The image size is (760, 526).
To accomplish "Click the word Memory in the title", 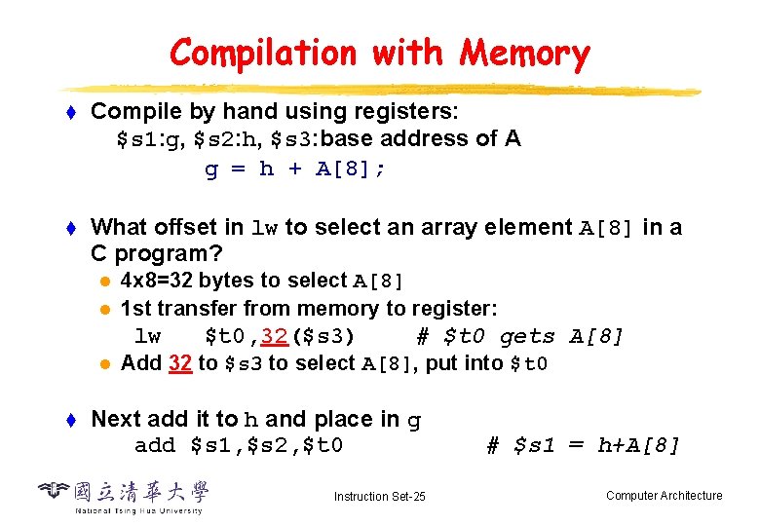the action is coord(525,53).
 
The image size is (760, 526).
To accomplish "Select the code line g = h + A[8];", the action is coord(294,169).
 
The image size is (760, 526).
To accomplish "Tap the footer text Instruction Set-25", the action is coord(379,497).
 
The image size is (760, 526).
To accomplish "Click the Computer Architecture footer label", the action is coord(664,496).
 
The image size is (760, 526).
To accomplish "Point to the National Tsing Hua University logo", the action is coord(123,496).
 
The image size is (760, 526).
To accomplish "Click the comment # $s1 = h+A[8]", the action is coord(583,446).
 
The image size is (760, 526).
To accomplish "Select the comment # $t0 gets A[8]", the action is coord(519,337).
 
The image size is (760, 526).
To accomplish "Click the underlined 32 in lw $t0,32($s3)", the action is coord(274,337).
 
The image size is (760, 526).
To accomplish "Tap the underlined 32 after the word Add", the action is coord(179,363).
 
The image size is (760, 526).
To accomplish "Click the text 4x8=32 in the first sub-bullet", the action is coord(160,282).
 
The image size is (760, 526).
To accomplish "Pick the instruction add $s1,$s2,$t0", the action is coord(238,446).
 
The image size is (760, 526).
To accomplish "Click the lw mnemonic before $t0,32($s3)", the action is coord(147,337).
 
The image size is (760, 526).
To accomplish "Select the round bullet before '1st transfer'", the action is coord(106,309).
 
